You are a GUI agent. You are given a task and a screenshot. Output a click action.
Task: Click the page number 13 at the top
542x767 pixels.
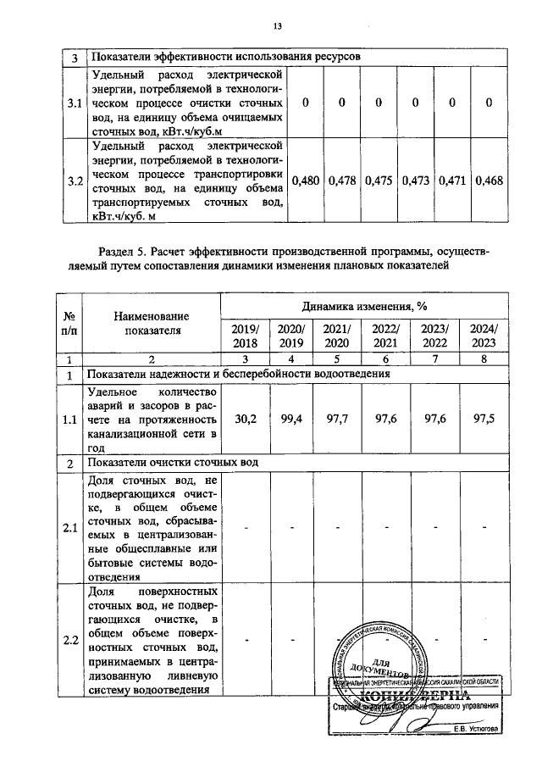[276, 25]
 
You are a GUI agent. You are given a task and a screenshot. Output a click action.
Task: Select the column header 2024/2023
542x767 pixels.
[484, 336]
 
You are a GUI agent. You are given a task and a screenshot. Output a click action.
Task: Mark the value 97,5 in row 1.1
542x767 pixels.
[484, 419]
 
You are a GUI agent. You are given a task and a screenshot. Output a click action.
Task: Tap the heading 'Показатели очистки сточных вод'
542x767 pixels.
[173, 462]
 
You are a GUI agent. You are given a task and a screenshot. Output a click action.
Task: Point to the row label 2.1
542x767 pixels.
[71, 529]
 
